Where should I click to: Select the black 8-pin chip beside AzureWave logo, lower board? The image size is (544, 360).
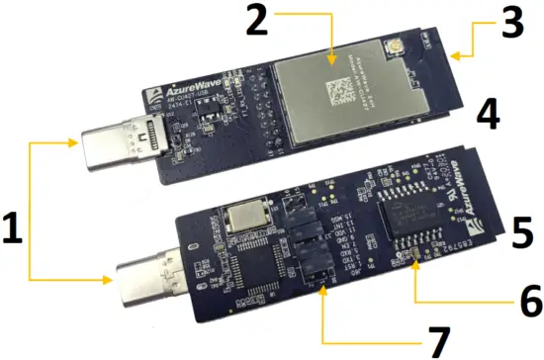(408, 225)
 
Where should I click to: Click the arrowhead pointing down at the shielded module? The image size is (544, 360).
(329, 46)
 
